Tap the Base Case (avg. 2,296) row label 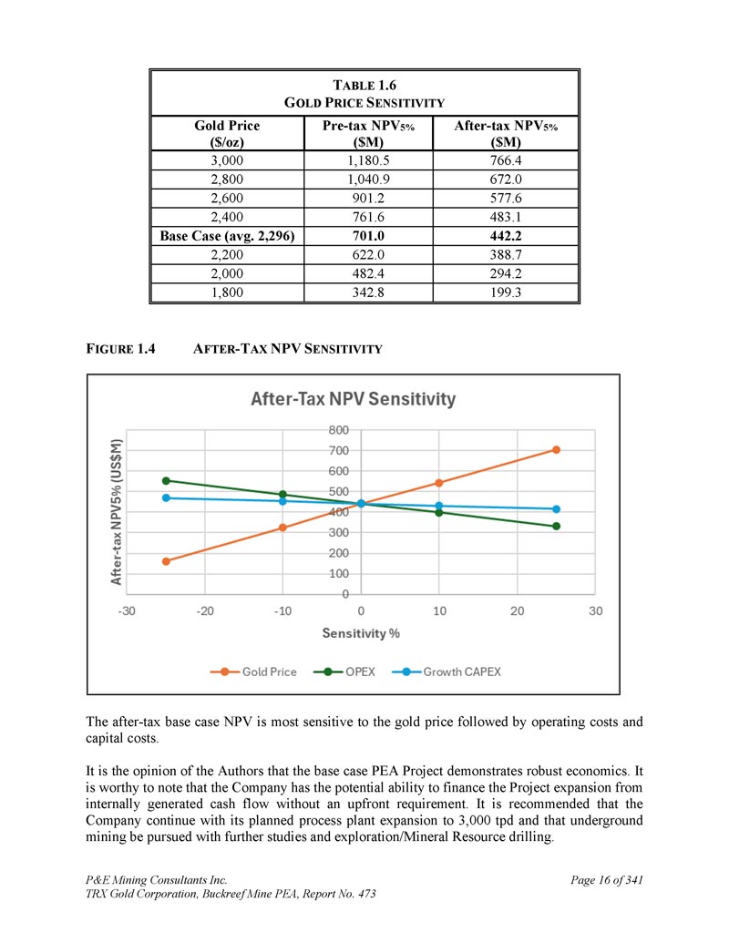click(x=227, y=236)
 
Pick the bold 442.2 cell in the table click(x=506, y=236)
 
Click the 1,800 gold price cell click(x=227, y=292)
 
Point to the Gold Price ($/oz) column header click(x=227, y=134)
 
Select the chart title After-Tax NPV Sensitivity click(x=353, y=399)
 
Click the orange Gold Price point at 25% click(x=556, y=450)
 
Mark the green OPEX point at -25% click(x=166, y=480)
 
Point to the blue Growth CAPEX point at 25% click(x=556, y=508)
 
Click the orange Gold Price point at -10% click(x=282, y=528)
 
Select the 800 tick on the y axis click(x=338, y=429)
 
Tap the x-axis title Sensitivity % click(x=361, y=633)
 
